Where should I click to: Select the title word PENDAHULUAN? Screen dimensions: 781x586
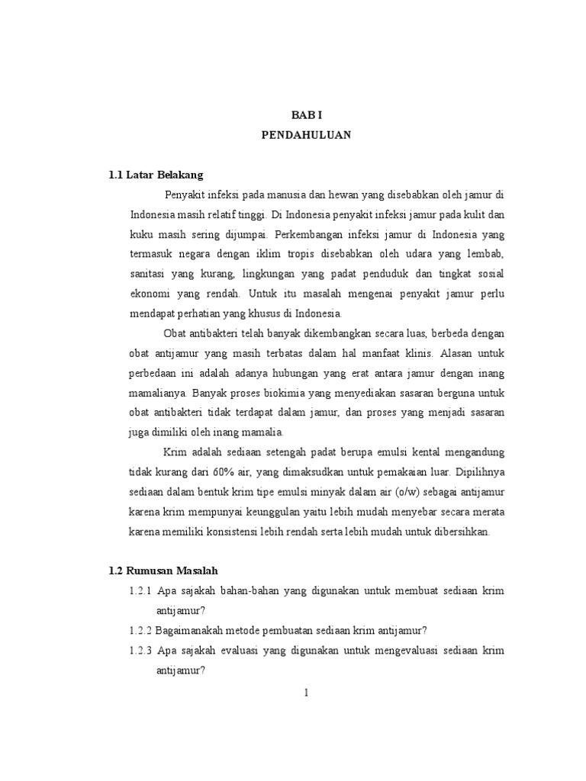point(307,136)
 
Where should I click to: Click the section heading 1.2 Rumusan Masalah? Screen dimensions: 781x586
point(164,571)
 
